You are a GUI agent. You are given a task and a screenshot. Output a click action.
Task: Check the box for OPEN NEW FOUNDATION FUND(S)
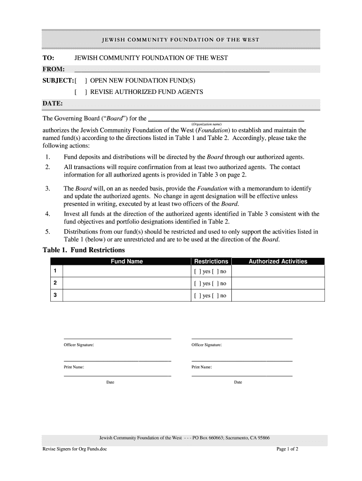(80, 81)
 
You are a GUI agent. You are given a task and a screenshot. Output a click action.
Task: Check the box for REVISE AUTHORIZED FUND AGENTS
(80, 92)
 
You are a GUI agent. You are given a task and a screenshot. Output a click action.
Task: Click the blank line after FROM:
(172, 70)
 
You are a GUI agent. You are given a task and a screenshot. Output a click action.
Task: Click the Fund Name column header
(126, 262)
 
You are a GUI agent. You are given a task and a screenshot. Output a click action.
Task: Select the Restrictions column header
(211, 262)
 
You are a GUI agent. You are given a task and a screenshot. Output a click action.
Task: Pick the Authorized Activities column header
(278, 262)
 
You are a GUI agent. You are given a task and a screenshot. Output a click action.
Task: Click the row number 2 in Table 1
(55, 283)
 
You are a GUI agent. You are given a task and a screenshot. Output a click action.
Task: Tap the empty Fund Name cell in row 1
(126, 271)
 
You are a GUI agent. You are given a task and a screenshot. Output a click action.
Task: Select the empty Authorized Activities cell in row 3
(278, 295)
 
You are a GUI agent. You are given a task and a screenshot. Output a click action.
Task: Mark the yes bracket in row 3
(197, 296)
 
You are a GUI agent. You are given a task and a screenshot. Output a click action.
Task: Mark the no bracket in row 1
(215, 272)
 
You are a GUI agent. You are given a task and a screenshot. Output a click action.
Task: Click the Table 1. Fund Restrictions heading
(84, 250)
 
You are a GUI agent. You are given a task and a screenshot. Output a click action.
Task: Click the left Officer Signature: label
(79, 345)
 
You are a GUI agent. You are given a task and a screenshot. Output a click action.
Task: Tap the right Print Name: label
(202, 367)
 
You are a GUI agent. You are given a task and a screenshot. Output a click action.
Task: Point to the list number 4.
(47, 214)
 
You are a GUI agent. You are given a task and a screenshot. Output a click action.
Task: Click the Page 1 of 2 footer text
(287, 449)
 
